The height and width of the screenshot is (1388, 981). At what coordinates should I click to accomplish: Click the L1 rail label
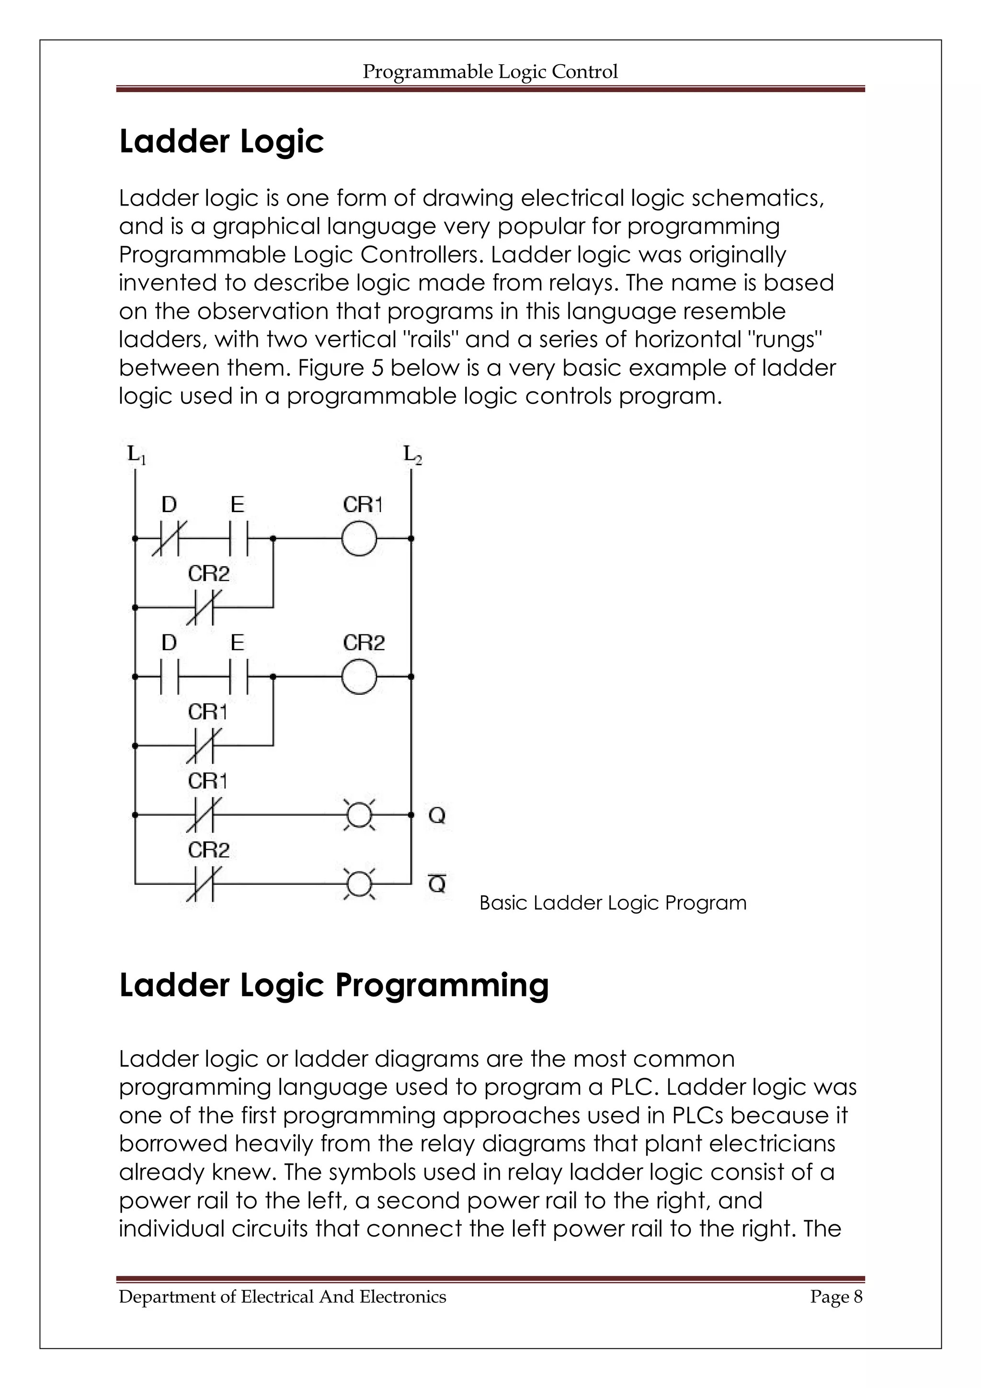137,454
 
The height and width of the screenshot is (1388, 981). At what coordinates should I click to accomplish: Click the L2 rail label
413,454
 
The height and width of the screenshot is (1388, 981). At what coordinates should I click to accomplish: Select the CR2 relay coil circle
359,677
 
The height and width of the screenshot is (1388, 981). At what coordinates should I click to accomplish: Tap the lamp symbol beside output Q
359,815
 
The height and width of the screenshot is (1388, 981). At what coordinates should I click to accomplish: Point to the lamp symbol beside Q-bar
359,884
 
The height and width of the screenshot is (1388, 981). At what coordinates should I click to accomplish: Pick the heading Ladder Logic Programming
334,985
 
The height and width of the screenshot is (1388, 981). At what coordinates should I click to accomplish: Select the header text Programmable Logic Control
490,72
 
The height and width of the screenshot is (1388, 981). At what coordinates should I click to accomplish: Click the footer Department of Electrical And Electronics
282,1296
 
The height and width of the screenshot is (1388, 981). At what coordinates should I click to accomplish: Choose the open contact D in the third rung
169,677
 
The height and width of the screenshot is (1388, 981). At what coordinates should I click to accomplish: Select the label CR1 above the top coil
363,505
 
